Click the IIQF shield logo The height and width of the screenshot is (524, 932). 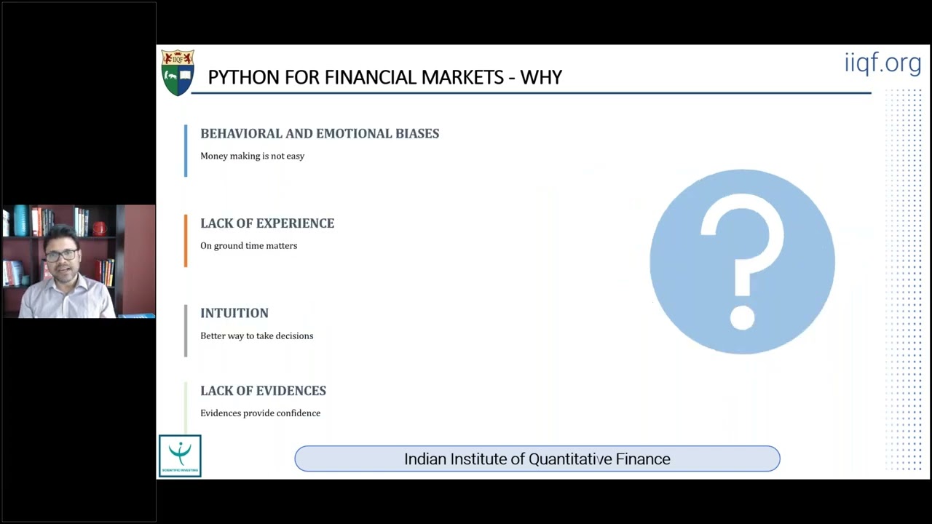(178, 73)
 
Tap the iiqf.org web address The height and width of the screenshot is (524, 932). (882, 63)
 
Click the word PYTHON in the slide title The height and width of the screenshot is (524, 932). (240, 77)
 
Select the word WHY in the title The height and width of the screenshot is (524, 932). (541, 77)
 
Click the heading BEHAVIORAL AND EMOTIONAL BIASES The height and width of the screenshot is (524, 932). (320, 134)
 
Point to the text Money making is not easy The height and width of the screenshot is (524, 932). (252, 156)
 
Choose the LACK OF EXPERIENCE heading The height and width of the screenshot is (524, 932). (267, 223)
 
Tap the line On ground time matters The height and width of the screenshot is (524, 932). (248, 246)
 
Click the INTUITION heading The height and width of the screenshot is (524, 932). (234, 313)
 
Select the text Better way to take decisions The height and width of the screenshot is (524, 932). (256, 336)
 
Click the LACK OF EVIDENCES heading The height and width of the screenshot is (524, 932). (263, 391)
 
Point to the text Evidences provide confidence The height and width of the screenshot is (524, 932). (260, 413)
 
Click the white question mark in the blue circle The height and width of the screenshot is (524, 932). (742, 262)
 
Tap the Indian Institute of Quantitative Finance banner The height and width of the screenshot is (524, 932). (537, 459)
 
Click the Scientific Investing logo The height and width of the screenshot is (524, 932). (180, 456)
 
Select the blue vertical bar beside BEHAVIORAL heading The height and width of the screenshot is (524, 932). (186, 151)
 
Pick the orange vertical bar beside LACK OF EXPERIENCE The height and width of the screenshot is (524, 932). (186, 241)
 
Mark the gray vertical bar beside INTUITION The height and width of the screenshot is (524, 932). (186, 330)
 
